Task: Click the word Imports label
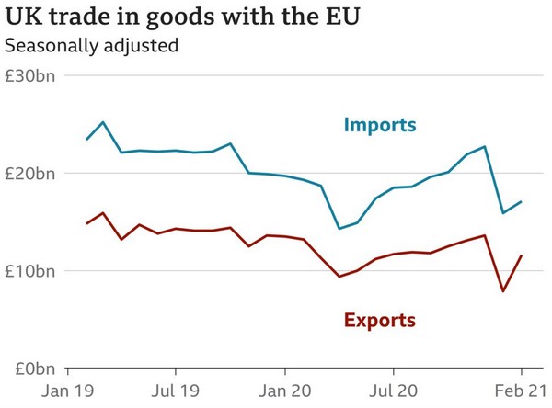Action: [x=380, y=125]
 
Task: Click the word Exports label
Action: [x=379, y=321]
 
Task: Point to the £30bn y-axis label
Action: [x=30, y=76]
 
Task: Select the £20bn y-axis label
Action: [x=30, y=174]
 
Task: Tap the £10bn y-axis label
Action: [x=30, y=271]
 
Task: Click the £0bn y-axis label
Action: [x=34, y=368]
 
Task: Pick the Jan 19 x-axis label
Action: [x=69, y=391]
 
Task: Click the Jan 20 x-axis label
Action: [x=285, y=391]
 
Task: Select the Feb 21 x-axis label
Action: [x=520, y=391]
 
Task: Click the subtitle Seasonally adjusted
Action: [x=91, y=45]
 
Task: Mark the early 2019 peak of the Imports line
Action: [x=103, y=122]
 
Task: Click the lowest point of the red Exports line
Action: [x=503, y=291]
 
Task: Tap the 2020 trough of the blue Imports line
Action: [x=339, y=229]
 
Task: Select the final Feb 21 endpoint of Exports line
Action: [x=522, y=255]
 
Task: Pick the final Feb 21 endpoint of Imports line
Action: [x=522, y=202]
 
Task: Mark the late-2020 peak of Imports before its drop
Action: [x=485, y=146]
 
